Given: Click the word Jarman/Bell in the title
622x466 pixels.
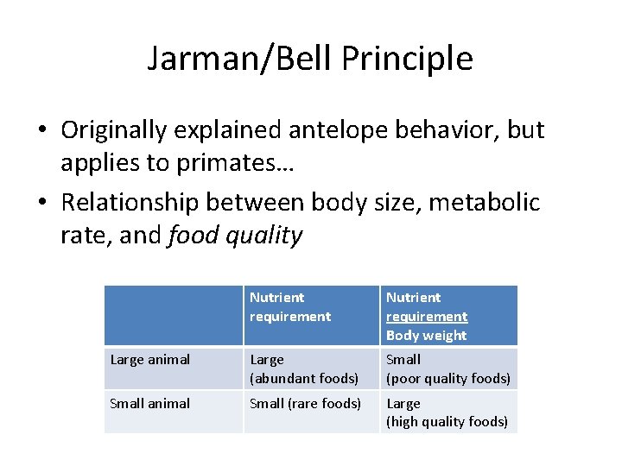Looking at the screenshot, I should click(240, 59).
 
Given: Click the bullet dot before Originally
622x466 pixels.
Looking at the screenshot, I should click(42, 131).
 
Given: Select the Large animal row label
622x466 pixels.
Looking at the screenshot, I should click(150, 360).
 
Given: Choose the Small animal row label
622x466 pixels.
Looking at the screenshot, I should click(150, 403).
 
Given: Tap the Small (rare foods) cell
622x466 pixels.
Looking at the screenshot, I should click(305, 403).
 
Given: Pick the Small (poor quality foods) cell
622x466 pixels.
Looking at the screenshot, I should click(447, 368).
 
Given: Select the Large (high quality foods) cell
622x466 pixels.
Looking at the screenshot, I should click(447, 412).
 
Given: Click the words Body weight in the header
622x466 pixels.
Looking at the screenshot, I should click(426, 336).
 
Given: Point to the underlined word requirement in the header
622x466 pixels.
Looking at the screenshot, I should click(426, 317).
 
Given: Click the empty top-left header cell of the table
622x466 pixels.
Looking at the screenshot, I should click(173, 316).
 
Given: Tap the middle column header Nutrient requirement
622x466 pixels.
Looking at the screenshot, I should click(289, 306).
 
